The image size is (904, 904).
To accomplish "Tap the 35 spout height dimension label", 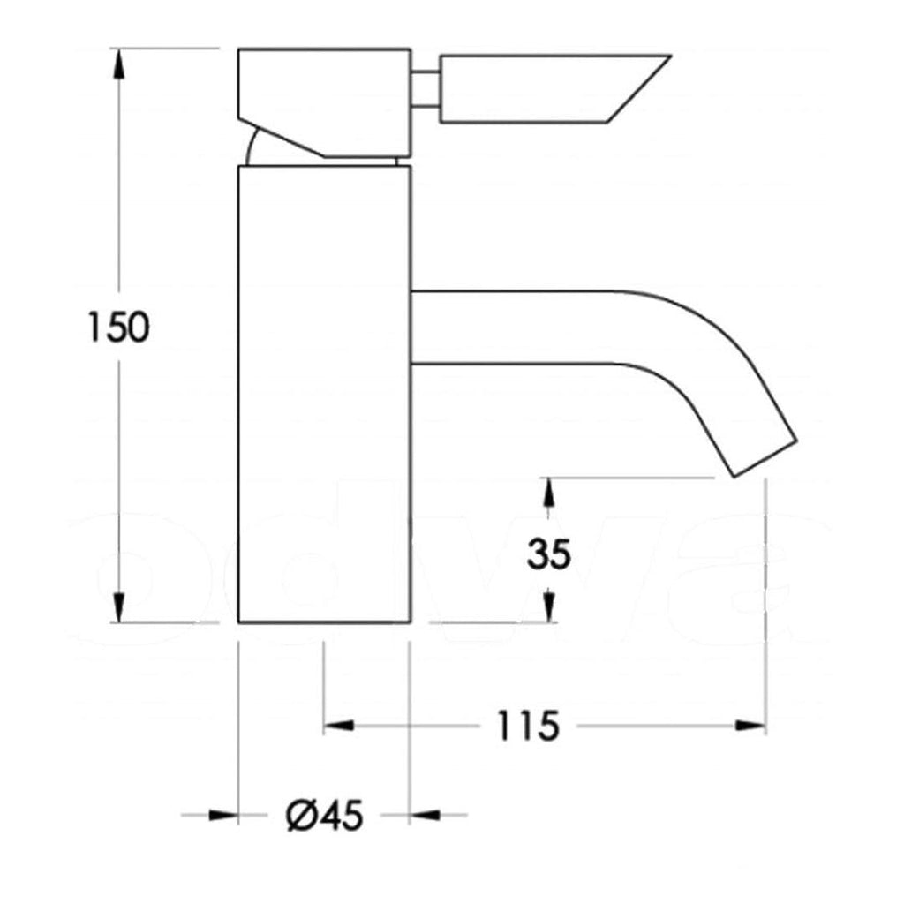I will click(549, 554).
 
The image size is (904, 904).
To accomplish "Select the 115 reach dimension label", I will click(527, 727).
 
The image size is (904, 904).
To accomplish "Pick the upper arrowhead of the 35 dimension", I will click(549, 493).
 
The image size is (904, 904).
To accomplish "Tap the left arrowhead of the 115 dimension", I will click(339, 727).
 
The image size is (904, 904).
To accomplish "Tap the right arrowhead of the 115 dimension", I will click(750, 727).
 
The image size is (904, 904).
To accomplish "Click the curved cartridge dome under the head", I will click(252, 148).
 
